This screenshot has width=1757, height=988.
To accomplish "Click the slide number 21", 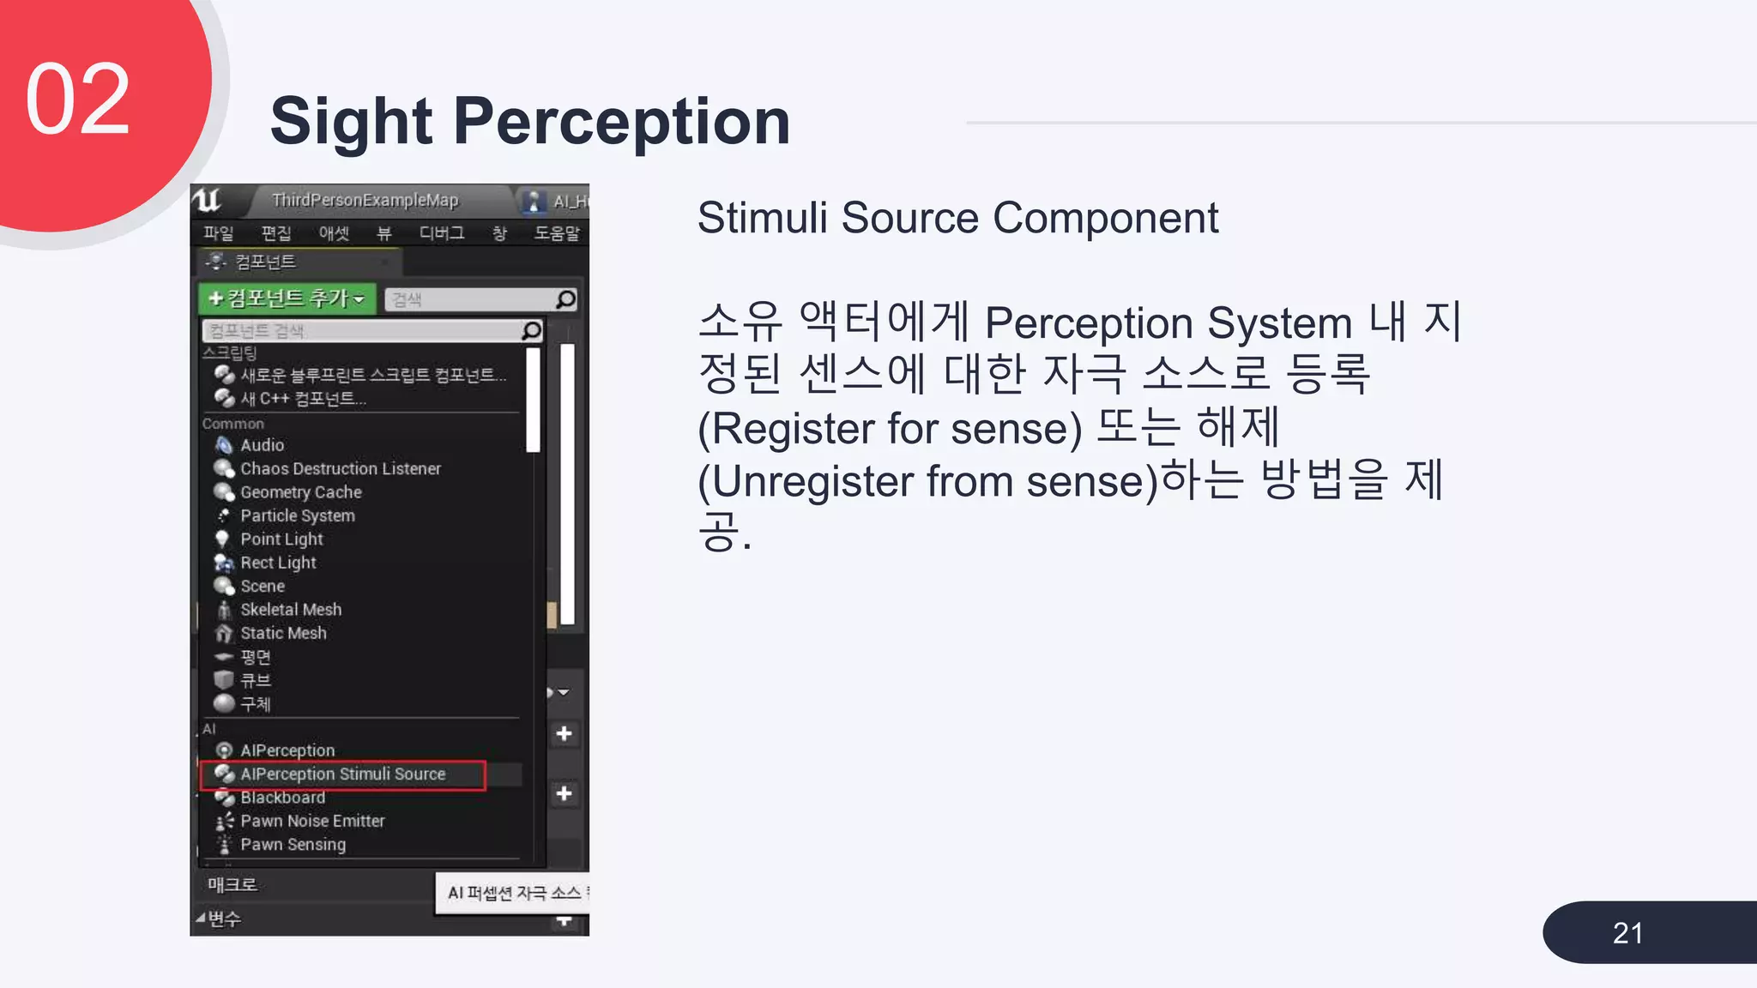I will coord(1627,933).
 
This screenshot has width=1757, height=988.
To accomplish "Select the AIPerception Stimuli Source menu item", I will coord(342,774).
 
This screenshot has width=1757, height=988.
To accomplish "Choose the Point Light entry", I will coord(281,539).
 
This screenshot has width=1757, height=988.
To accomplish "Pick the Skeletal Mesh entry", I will coord(291,610).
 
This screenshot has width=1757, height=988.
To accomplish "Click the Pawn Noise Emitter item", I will coord(312,821).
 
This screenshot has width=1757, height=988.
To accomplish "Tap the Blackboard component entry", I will coord(282,798).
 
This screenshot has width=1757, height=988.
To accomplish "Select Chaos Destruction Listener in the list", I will coord(340,468).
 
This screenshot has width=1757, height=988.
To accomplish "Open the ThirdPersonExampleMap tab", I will coord(365,201).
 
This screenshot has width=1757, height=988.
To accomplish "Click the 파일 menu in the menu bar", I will coord(218,233).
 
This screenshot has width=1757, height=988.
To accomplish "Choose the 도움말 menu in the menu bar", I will coord(557,233).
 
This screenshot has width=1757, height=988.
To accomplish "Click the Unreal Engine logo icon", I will coord(208,201).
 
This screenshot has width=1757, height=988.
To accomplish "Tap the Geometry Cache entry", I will coord(300,492).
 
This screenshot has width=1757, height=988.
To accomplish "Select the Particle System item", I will coord(297,515).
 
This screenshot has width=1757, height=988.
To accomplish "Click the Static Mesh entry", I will coord(283,633).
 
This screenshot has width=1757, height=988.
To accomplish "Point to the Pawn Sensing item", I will coord(293,845).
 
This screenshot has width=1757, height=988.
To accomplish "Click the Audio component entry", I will coord(262,445).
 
